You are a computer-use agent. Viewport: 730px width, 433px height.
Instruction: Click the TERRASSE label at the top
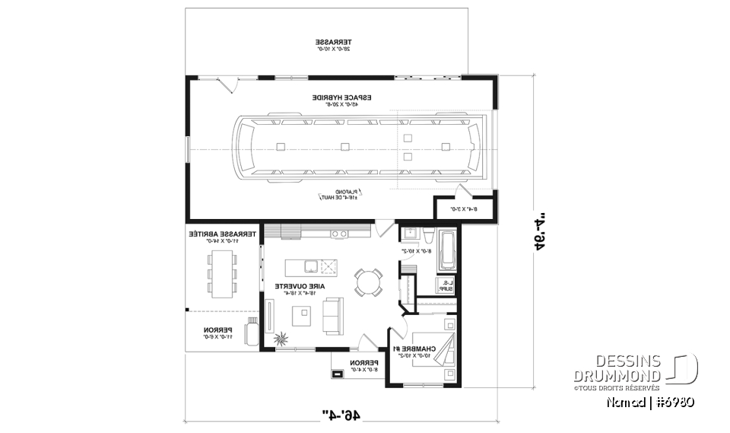pos(334,42)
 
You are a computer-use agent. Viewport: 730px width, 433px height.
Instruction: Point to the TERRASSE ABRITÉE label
pos(214,235)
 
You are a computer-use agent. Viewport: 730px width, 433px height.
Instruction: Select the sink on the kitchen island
pos(311,266)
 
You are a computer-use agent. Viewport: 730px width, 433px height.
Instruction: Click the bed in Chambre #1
pos(445,352)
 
